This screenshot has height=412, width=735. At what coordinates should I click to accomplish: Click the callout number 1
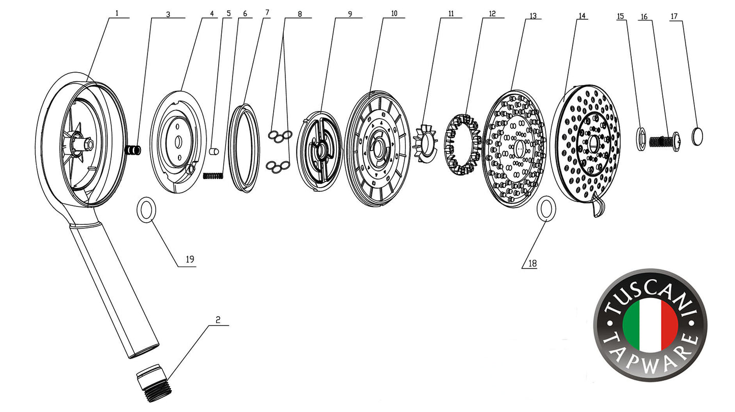pos(116,13)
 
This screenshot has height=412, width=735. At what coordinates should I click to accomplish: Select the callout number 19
pos(190,259)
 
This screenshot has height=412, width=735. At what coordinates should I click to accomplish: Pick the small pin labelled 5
pos(214,151)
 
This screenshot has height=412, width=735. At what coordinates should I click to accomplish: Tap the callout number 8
pos(300,14)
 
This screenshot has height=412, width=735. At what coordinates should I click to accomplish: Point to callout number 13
pos(533,16)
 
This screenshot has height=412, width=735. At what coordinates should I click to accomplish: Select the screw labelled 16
pos(666,140)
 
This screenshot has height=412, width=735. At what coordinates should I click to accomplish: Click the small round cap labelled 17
pos(698,136)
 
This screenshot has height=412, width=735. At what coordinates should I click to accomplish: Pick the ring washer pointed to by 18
pos(546,209)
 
